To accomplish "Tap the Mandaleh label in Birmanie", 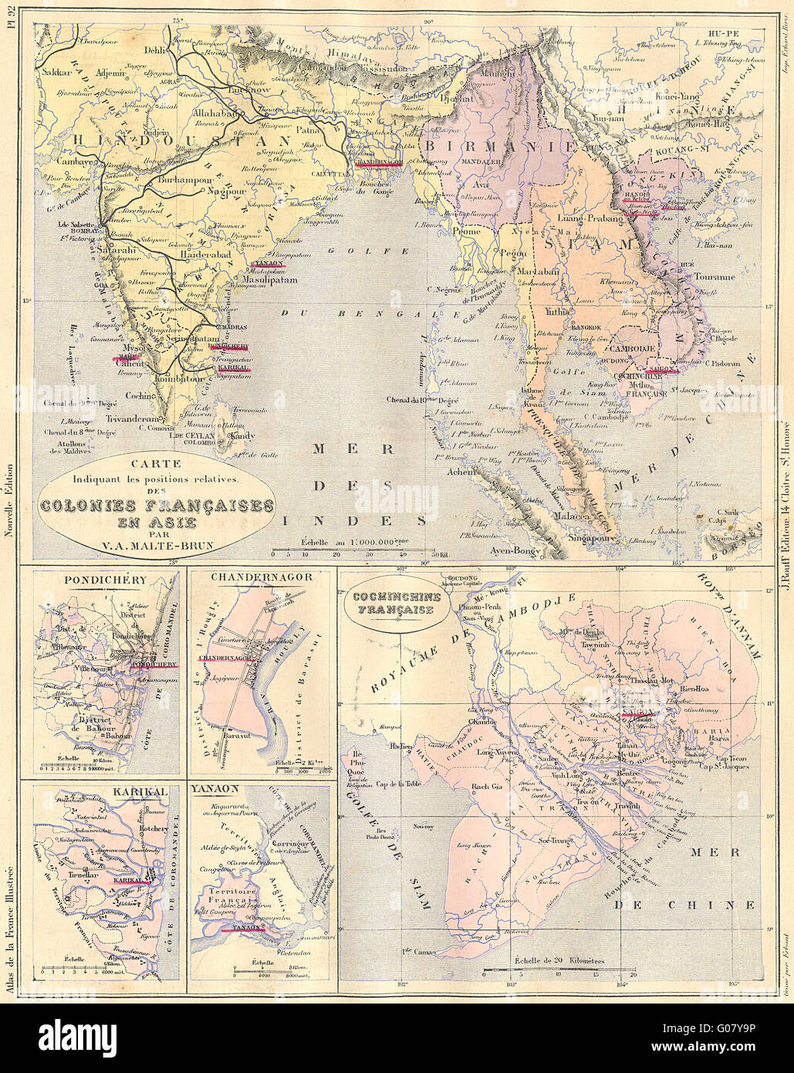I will pos(481,163).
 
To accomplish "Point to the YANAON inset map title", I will pos(216,790).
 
